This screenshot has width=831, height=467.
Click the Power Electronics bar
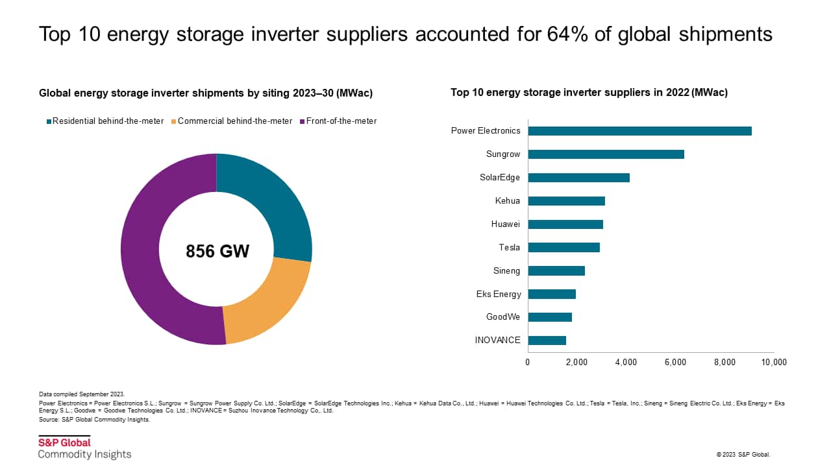(639, 131)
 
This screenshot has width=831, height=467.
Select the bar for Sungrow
(606, 154)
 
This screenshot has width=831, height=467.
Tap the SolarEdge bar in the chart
(578, 178)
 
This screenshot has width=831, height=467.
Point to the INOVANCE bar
(547, 341)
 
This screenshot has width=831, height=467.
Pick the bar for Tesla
(564, 247)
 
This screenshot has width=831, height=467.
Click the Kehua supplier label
(507, 201)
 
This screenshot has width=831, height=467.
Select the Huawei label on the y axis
(506, 224)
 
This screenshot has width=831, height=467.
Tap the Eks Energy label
(498, 294)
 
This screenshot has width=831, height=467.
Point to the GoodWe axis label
(502, 317)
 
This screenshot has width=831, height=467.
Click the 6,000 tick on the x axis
(675, 363)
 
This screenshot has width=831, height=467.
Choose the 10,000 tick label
(773, 363)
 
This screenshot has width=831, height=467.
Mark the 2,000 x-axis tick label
(577, 363)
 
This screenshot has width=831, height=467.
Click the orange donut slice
(269, 305)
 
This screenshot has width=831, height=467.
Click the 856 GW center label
(217, 252)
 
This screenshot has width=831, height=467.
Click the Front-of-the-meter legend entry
(341, 121)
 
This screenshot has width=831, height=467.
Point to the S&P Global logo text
(64, 443)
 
